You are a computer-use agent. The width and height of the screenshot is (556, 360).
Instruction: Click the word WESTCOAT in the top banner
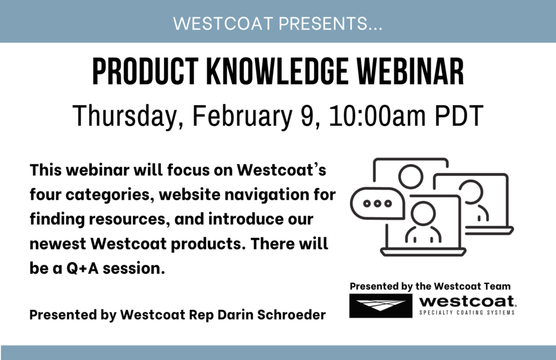click(223, 24)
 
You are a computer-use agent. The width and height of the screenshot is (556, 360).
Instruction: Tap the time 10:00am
click(378, 115)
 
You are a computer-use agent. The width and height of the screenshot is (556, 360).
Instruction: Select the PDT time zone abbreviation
click(459, 115)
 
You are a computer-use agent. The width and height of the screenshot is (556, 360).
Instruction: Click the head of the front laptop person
click(423, 214)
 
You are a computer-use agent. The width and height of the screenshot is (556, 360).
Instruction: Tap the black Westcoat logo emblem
click(381, 305)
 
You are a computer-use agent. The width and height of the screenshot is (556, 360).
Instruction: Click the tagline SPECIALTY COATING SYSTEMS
click(467, 312)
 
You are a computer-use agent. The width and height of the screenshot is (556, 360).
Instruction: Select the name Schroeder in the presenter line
click(291, 315)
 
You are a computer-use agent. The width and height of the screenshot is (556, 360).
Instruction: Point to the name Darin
click(235, 315)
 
